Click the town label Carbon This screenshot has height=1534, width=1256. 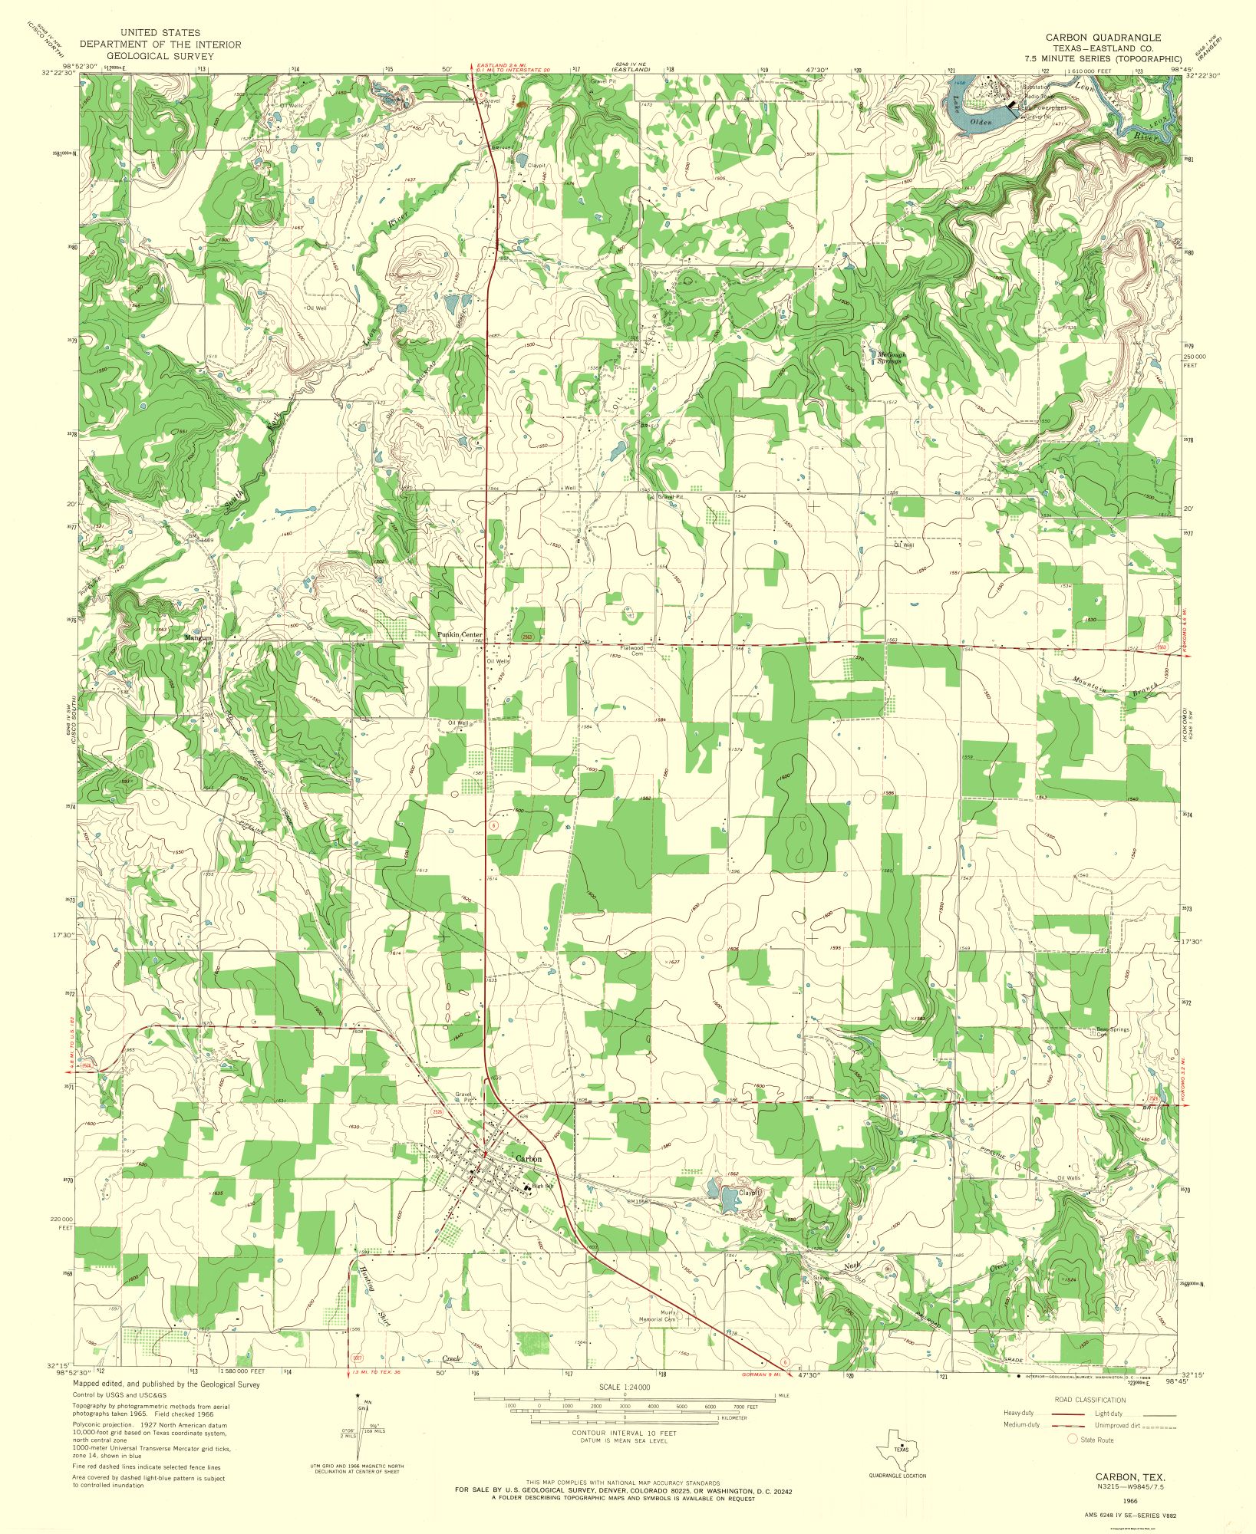pos(529,1159)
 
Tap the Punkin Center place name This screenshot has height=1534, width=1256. pos(460,635)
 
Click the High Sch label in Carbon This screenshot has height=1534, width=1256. pos(542,1187)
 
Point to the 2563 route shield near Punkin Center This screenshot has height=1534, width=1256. pos(528,637)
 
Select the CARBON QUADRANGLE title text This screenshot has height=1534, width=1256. pos(1103,37)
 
